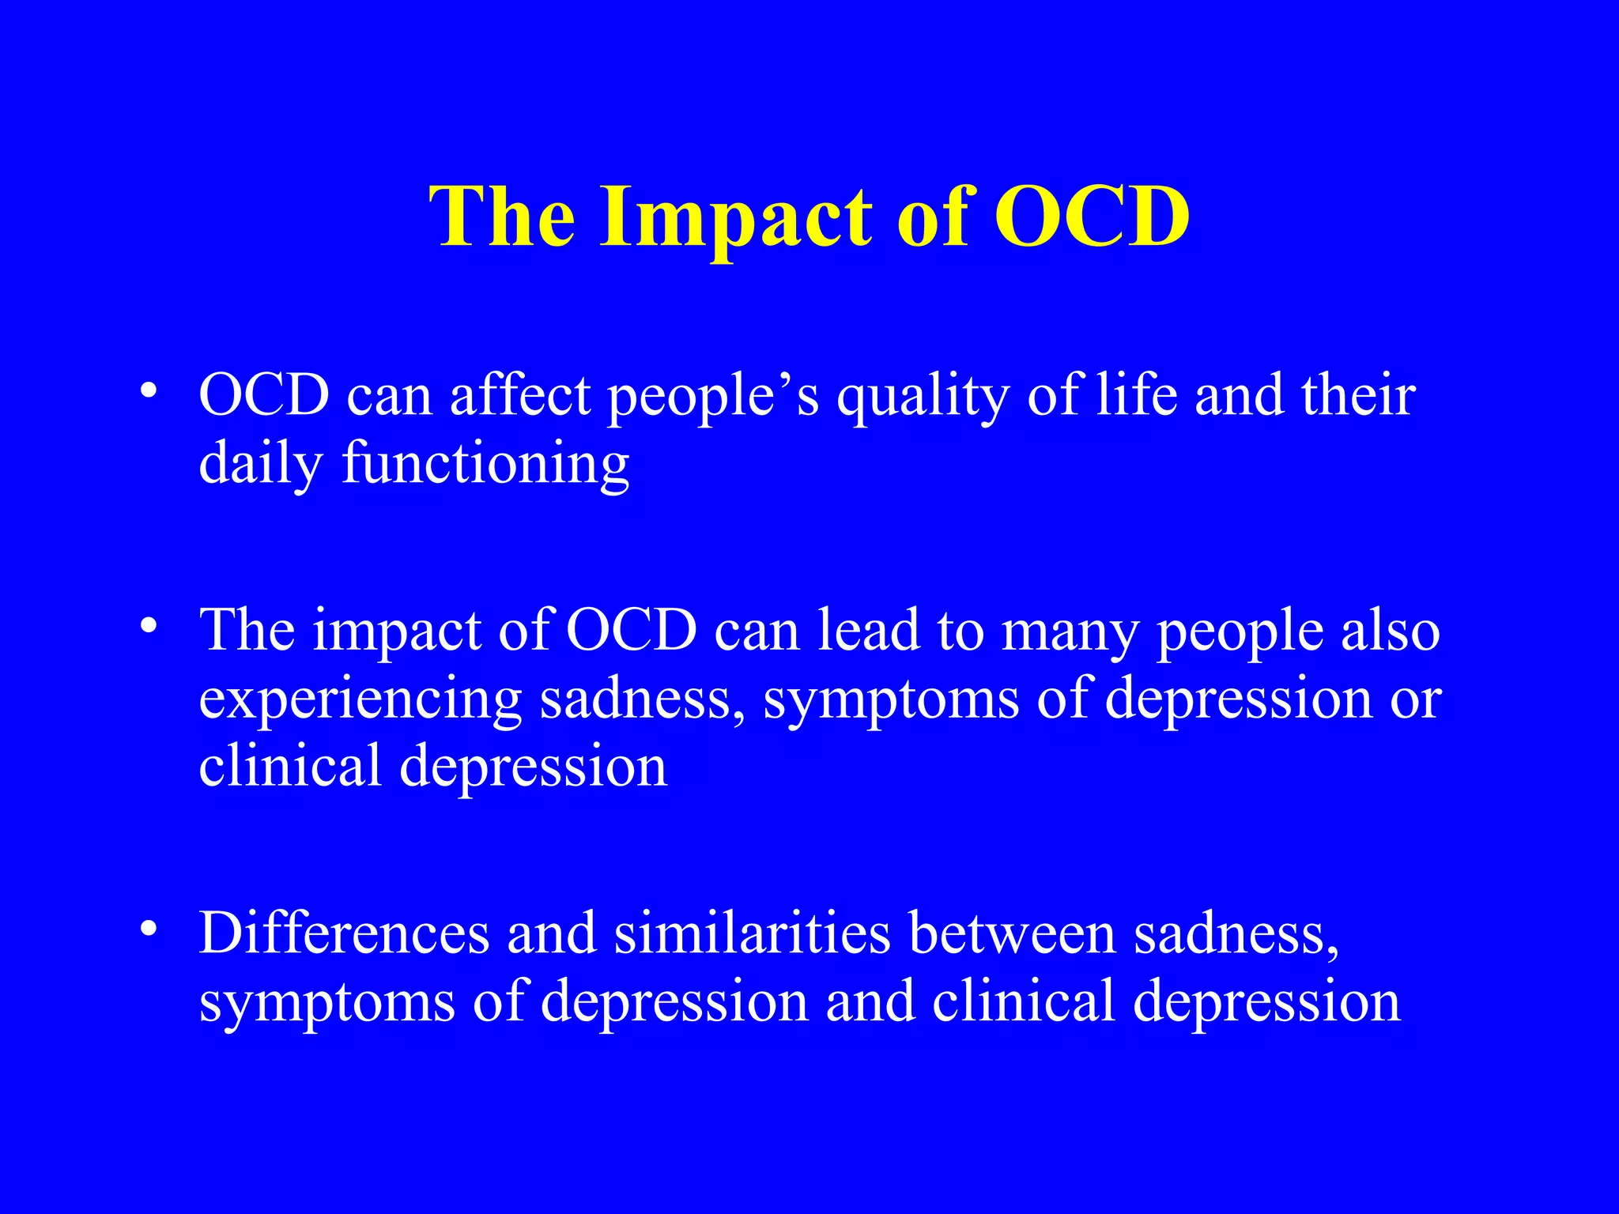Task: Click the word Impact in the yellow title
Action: [x=736, y=217]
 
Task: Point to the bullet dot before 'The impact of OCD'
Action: [x=147, y=626]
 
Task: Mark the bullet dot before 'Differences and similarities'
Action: [x=147, y=929]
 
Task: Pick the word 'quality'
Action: [x=922, y=396]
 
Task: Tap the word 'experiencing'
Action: [x=360, y=700]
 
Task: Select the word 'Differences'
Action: [x=344, y=933]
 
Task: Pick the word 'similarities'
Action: [x=752, y=933]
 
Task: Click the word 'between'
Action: [x=1012, y=933]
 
